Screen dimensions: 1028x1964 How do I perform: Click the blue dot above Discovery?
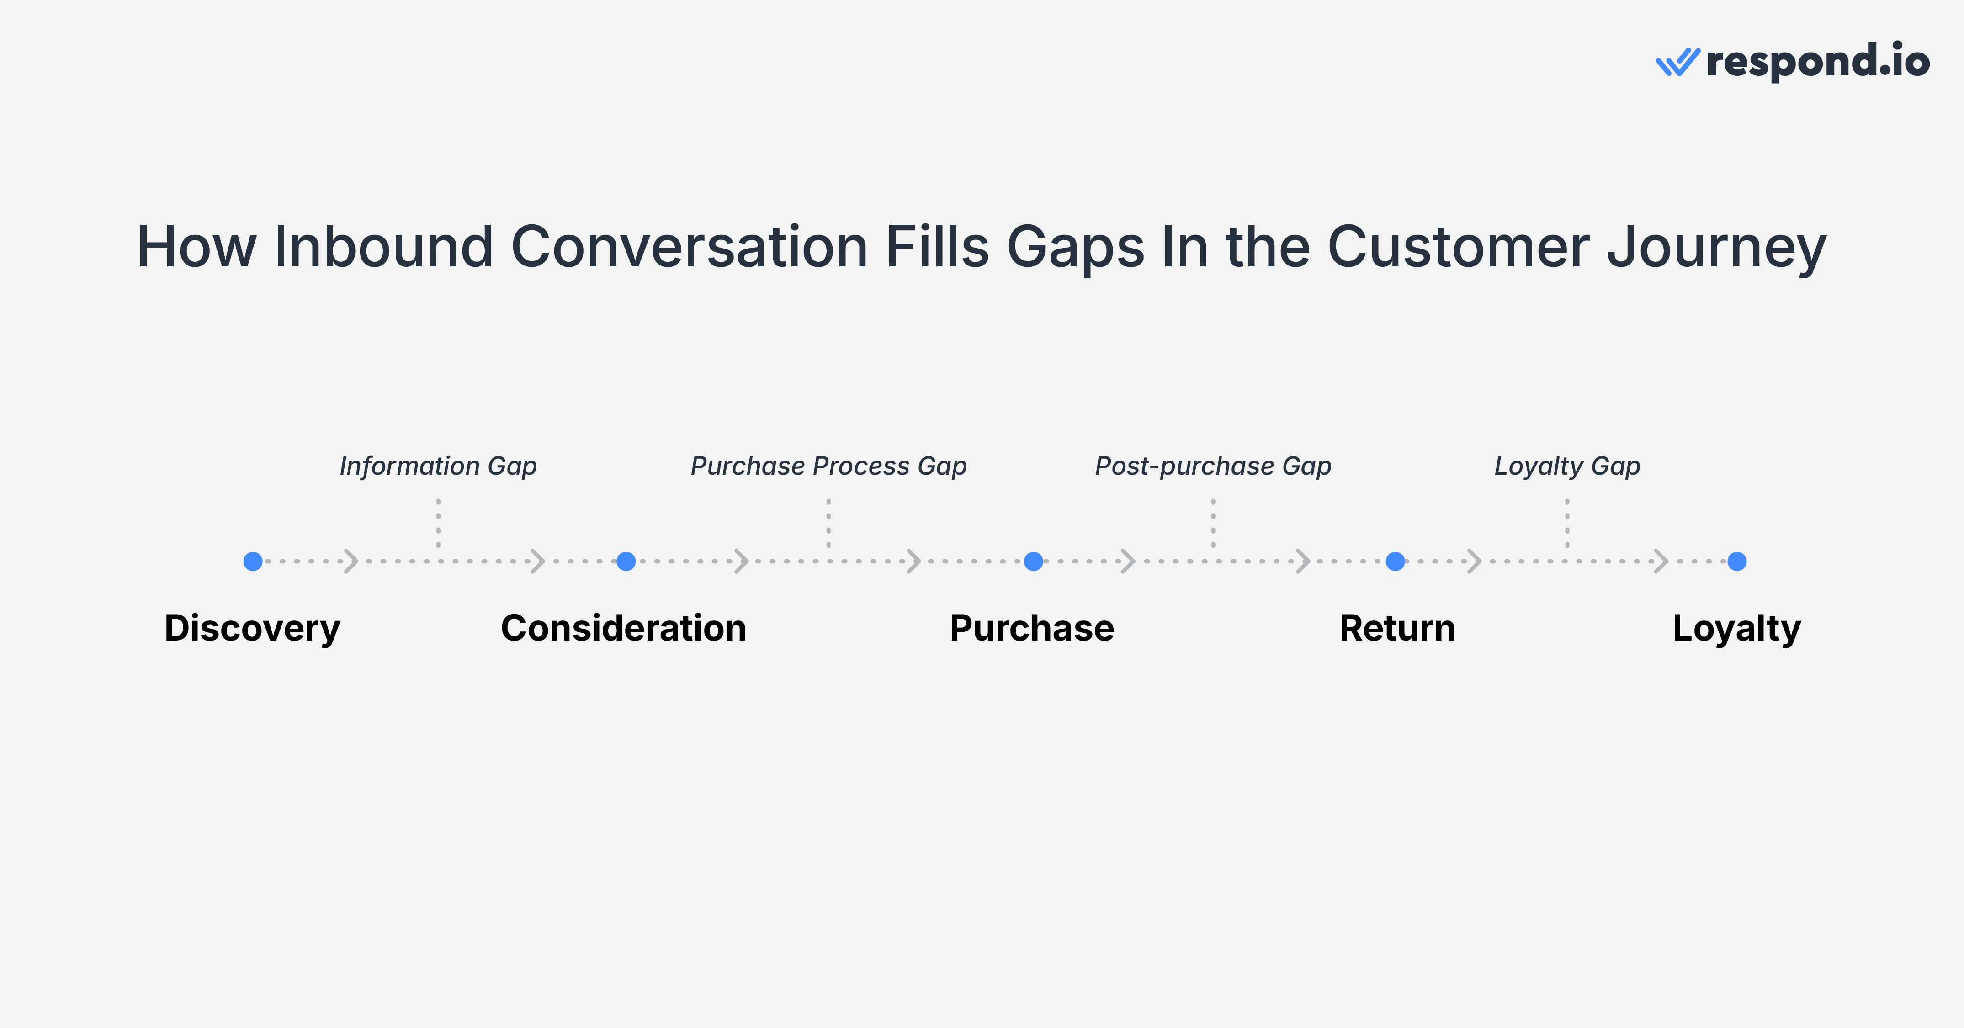pos(253,562)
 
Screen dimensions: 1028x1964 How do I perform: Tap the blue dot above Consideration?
pos(626,562)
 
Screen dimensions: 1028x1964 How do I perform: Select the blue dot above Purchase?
pos(1033,562)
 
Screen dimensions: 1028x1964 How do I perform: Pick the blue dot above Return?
pos(1395,562)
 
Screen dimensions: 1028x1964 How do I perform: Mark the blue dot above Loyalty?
pos(1737,562)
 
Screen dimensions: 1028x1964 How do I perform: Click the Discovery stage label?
pos(252,629)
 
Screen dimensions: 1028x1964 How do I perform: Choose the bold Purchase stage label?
pos(1031,629)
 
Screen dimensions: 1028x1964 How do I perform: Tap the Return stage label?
pos(1397,629)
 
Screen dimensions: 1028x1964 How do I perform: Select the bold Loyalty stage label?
pos(1736,629)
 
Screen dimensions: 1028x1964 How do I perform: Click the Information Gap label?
pos(438,466)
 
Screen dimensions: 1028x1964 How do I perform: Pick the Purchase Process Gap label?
pos(829,466)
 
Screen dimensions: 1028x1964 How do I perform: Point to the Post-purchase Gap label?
pos(1213,466)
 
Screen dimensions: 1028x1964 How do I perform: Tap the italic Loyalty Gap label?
pos(1567,466)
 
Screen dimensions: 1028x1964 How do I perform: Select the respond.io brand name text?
pos(1818,61)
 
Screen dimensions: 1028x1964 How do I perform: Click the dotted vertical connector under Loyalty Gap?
pos(1567,524)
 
